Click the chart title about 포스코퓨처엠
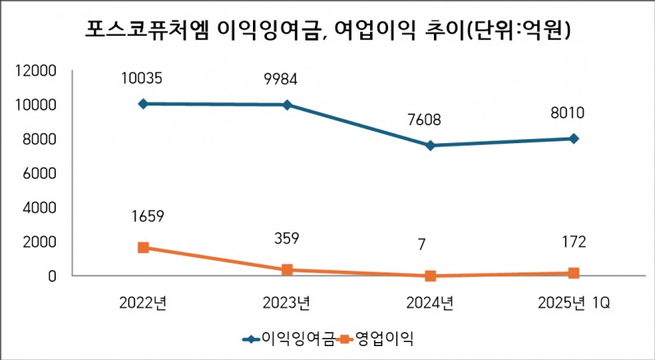pyautogui.click(x=327, y=30)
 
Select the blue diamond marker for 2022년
pyautogui.click(x=143, y=104)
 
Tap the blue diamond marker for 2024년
pyautogui.click(x=431, y=146)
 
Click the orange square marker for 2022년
pyautogui.click(x=143, y=247)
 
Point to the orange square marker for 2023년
pyautogui.click(x=287, y=269)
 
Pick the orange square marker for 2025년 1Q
pyautogui.click(x=574, y=272)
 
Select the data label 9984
pyautogui.click(x=287, y=79)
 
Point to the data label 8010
pyautogui.click(x=574, y=114)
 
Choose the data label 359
pyautogui.click(x=287, y=239)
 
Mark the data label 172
pyautogui.click(x=574, y=243)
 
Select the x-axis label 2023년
pyautogui.click(x=287, y=304)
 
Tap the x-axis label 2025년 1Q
pyautogui.click(x=574, y=304)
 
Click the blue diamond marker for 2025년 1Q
pyautogui.click(x=574, y=138)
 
